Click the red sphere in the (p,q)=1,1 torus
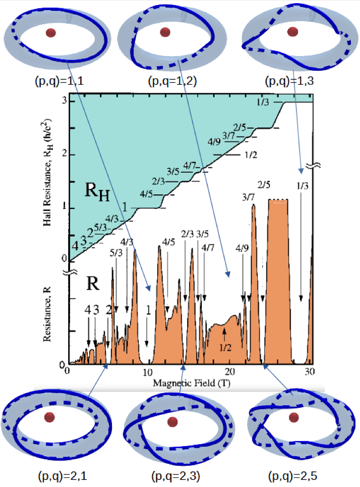pos(51,33)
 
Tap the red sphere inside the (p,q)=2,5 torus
pos(293,418)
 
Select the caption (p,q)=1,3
pos(289,81)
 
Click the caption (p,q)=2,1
pos(63,476)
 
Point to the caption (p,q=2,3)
pos(175,476)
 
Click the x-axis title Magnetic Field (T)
pos(192,383)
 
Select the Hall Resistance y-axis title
pos(47,173)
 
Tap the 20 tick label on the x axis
pos(229,371)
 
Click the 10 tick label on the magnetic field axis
pos(147,372)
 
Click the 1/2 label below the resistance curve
pos(225,347)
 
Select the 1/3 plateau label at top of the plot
pos(263,102)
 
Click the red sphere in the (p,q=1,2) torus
pos(165,32)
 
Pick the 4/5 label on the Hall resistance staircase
pos(146,194)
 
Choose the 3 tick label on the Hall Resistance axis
pos(65,100)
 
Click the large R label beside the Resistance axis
pos(92,283)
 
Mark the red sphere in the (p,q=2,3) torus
pos(172,422)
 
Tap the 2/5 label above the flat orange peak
pos(264,185)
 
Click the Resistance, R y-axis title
pos(47,314)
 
